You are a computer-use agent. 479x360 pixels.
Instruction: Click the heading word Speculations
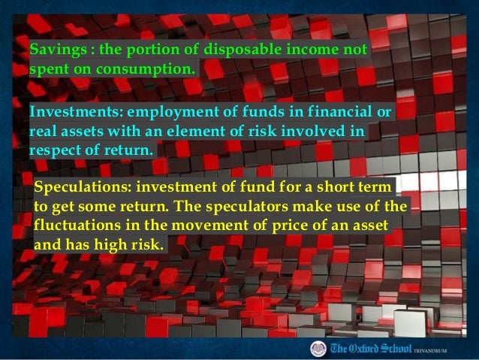[82, 186]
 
